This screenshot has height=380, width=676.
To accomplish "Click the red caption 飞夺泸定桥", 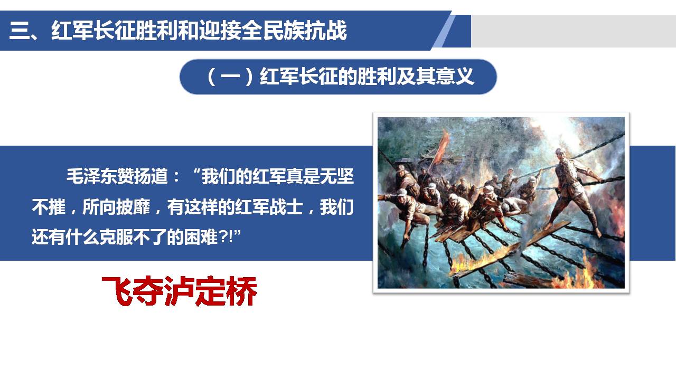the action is [x=179, y=291].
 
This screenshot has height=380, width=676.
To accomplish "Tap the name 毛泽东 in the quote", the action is [x=92, y=176].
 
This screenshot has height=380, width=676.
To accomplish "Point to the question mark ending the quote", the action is [x=223, y=237].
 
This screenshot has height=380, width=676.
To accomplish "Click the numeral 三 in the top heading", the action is [x=18, y=31].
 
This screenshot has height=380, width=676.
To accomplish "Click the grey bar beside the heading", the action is [x=574, y=31].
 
